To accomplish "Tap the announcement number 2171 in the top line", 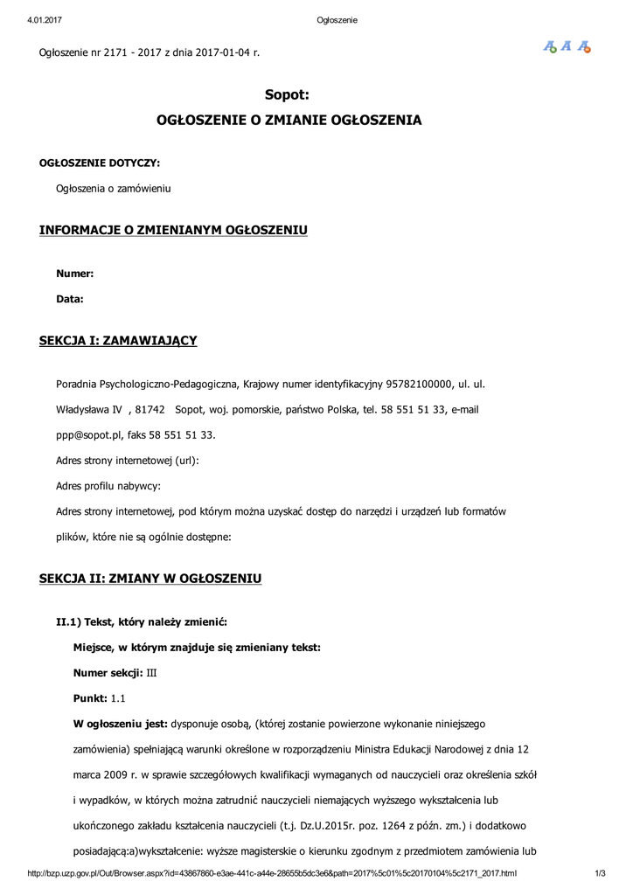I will (x=115, y=52).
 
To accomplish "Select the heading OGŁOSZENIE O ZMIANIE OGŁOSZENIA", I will (x=289, y=120).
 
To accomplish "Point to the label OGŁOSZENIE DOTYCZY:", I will (x=100, y=163).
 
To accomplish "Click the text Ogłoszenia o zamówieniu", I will (x=114, y=188).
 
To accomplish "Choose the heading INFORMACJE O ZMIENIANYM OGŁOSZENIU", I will (x=173, y=230).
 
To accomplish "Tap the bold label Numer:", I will (x=75, y=274).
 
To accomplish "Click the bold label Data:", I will (x=70, y=299).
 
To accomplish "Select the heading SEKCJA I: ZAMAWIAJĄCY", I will (x=118, y=340).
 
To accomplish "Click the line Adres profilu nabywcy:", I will (x=108, y=486).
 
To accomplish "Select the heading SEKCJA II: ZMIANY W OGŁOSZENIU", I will (x=150, y=579).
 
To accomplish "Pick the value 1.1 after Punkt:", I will (x=119, y=698).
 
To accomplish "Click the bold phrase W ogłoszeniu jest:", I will (x=120, y=724).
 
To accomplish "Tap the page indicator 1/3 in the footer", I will (x=600, y=873).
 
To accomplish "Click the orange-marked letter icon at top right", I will (x=584, y=47).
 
